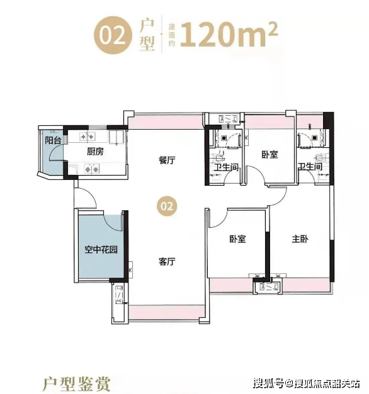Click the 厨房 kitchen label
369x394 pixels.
[95, 152]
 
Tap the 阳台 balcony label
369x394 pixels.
[53, 140]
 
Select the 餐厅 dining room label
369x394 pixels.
[167, 160]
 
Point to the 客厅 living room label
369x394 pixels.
[167, 262]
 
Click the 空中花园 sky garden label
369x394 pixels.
[101, 249]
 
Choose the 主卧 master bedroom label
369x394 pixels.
[300, 239]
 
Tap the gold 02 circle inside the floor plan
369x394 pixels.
[167, 206]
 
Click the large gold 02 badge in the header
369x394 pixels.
[113, 35]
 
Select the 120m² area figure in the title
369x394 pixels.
[229, 35]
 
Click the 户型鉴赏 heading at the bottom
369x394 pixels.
[77, 384]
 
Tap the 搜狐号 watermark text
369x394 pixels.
[268, 383]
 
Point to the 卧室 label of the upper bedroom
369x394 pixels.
[270, 154]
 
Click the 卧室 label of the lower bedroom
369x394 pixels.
[237, 239]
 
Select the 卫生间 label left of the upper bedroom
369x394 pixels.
[226, 167]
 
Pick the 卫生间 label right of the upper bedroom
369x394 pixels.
[310, 166]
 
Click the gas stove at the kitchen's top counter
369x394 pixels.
[87, 137]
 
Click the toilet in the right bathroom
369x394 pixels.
[322, 159]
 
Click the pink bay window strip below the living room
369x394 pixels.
[167, 312]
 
